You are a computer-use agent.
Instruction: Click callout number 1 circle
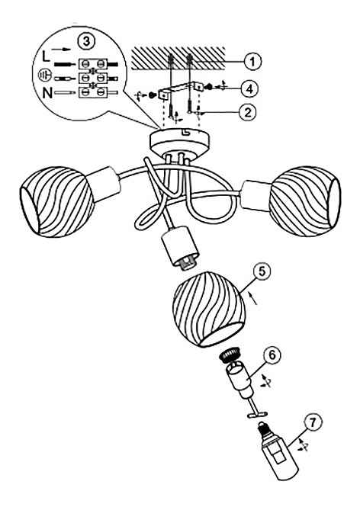click(252, 61)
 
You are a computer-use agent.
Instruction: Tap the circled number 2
click(247, 112)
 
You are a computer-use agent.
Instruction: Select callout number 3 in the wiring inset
click(86, 41)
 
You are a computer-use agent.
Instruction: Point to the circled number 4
click(249, 88)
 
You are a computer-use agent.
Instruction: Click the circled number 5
click(262, 272)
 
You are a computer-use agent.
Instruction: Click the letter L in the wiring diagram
click(47, 57)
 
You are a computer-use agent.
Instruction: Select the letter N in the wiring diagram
click(47, 93)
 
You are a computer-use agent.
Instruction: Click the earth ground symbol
click(43, 75)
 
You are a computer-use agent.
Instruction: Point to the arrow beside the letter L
click(62, 49)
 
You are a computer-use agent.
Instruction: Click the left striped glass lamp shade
click(57, 202)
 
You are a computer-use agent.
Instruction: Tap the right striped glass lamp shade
click(305, 201)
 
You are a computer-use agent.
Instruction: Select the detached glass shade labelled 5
click(209, 309)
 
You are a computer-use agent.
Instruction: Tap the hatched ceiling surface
click(178, 57)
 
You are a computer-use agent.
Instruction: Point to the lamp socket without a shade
click(178, 246)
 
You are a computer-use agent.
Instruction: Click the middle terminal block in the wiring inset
click(94, 78)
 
